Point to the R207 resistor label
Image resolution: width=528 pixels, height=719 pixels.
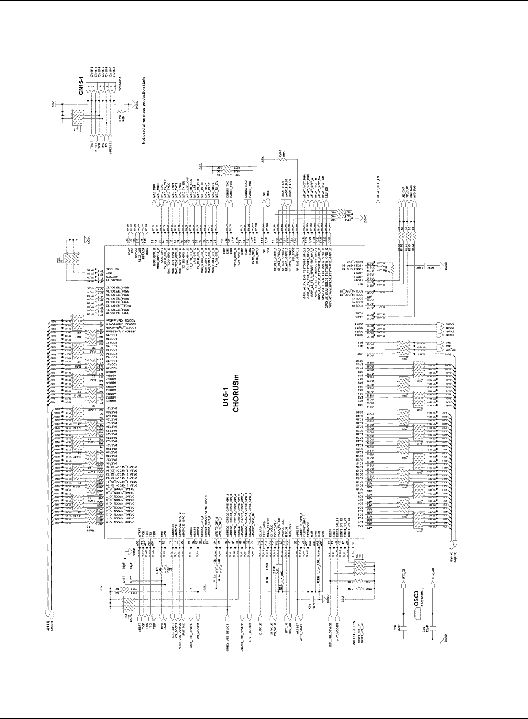(280, 154)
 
